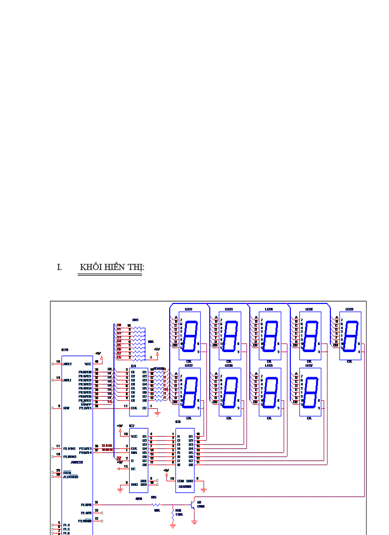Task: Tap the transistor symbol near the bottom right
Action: (x=194, y=505)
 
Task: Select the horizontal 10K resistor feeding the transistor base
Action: (x=155, y=504)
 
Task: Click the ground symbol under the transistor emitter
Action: (x=194, y=522)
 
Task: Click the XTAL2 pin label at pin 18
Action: (x=67, y=363)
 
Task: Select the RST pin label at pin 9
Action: (x=66, y=408)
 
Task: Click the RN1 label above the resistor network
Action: (x=135, y=320)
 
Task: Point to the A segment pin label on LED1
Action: (x=176, y=318)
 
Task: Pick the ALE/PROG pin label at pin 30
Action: (x=71, y=476)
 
